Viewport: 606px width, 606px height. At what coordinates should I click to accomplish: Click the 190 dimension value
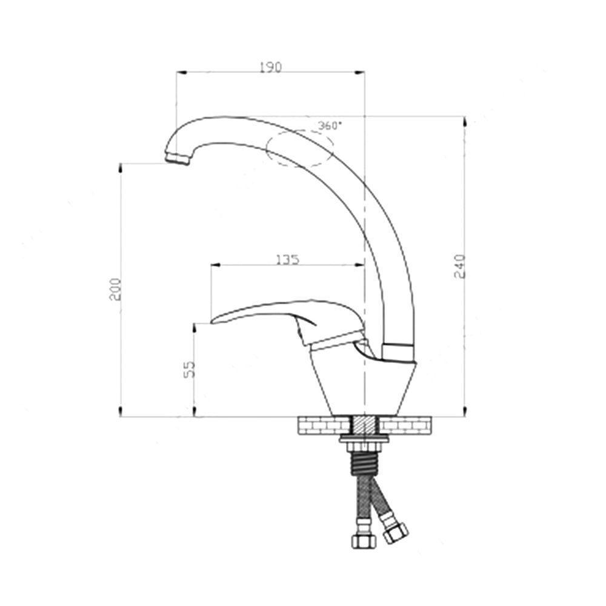270,67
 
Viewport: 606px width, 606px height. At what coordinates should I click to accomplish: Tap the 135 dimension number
287,259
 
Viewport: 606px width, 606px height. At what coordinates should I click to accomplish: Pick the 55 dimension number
188,369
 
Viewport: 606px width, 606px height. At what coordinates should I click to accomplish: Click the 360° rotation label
330,126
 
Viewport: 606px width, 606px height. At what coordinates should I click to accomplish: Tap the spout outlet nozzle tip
177,158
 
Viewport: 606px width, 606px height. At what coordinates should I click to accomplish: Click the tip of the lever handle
213,319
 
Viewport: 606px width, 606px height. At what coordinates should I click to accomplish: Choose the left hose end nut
362,540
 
